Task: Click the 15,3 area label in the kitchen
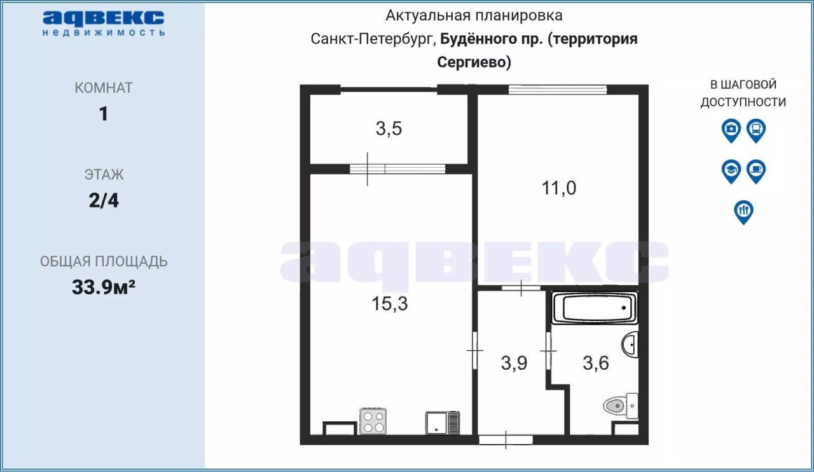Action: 390,304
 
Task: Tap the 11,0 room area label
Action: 558,188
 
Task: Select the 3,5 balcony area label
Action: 389,128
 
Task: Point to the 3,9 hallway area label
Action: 514,363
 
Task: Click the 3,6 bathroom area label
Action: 596,363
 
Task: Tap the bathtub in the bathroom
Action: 595,307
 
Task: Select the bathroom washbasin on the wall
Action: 630,344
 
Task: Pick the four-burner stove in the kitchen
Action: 373,421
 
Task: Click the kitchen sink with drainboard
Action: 443,422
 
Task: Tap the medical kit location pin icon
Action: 731,131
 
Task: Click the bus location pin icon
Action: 756,131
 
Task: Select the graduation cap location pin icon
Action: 731,172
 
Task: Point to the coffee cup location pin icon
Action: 756,172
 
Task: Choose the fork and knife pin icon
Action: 743,212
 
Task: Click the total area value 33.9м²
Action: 104,287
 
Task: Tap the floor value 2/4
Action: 104,200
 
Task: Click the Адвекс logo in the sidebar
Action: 104,24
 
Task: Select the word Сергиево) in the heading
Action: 474,62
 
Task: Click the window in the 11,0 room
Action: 558,90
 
